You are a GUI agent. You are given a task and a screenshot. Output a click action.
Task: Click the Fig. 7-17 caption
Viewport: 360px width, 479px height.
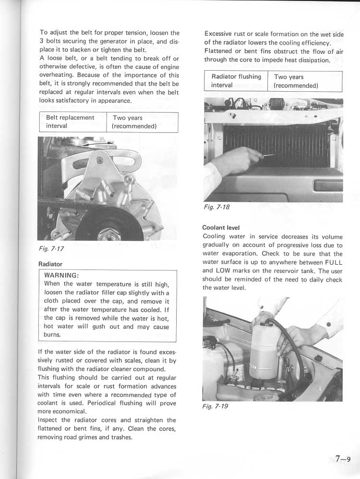point(51,248)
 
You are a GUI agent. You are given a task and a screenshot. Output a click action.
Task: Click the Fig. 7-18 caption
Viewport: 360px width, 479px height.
point(217,207)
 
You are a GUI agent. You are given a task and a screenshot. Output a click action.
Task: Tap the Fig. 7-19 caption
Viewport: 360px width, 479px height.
point(216,406)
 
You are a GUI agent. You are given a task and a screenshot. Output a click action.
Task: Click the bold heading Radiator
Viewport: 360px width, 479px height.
point(50,264)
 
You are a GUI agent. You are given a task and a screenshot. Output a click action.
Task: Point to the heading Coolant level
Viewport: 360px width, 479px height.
point(221,227)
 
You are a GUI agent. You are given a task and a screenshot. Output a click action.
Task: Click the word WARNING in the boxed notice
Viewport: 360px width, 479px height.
point(61,276)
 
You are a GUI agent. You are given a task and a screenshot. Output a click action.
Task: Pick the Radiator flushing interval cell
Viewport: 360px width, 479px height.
point(236,81)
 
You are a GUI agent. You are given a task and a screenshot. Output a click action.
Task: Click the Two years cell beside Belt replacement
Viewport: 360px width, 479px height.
point(134,122)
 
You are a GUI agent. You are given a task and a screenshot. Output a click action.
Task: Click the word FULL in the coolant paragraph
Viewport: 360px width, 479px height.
point(333,262)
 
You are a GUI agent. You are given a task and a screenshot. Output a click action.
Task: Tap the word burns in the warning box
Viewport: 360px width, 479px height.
point(52,334)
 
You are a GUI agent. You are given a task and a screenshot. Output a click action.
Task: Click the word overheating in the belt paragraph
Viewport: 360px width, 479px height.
point(56,75)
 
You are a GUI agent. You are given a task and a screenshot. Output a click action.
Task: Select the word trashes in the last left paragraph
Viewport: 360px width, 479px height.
point(120,437)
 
